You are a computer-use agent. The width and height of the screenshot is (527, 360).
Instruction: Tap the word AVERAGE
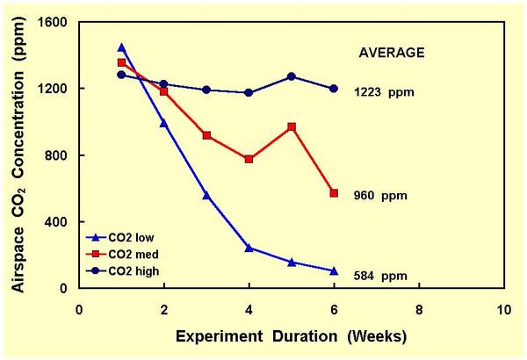[x=392, y=53]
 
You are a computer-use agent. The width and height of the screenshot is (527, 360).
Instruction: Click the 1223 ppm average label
[x=383, y=91]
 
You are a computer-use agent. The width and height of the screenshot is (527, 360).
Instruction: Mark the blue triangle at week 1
[x=121, y=47]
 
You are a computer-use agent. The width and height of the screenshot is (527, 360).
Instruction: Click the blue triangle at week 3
[x=206, y=195]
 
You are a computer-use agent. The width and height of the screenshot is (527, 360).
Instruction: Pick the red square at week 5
[x=292, y=127]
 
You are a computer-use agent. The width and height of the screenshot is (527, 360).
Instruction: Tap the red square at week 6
[x=334, y=193]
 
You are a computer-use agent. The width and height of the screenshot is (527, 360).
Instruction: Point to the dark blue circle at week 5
[x=292, y=76]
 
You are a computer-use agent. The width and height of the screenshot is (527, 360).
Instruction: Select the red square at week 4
[x=249, y=159]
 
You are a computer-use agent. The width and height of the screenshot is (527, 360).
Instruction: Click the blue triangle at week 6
[x=334, y=271]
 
